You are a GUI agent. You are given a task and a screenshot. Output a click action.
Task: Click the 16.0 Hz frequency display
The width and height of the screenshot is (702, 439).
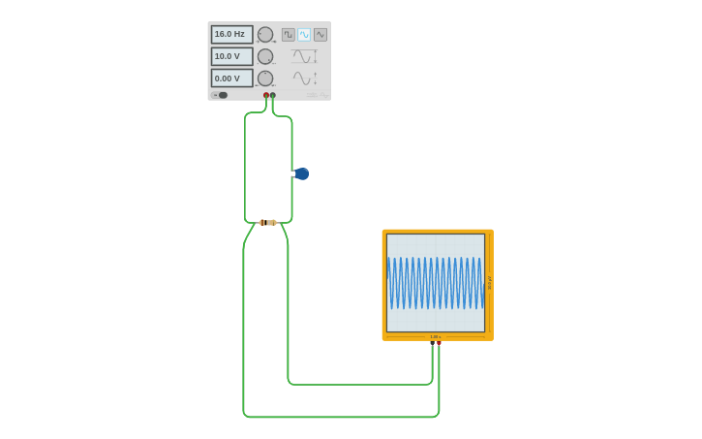click(231, 34)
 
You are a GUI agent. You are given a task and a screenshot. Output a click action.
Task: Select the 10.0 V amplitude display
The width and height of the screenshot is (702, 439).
click(231, 56)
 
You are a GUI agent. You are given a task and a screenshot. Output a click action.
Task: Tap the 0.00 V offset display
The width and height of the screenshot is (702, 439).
click(231, 78)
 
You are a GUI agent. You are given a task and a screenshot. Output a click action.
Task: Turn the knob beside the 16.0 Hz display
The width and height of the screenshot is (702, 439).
click(265, 34)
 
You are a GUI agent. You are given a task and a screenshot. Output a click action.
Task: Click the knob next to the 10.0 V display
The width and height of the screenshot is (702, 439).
click(265, 56)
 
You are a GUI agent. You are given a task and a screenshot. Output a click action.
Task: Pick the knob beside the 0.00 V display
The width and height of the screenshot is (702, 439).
click(265, 78)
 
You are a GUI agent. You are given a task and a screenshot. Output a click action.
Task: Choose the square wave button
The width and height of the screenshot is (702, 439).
click(289, 35)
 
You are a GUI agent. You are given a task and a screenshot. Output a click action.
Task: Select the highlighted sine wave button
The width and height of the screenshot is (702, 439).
click(304, 35)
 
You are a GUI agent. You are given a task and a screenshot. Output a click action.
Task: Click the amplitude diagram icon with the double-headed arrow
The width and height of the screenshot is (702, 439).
click(305, 56)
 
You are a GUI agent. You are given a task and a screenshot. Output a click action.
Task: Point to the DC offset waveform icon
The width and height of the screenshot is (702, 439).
click(305, 78)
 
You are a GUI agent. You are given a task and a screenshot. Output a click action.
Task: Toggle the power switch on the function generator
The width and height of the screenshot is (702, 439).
click(221, 95)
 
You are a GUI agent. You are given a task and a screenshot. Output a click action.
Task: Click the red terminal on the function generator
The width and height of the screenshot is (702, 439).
click(266, 95)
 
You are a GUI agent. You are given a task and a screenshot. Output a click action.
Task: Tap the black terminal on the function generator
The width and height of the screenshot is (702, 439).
click(273, 95)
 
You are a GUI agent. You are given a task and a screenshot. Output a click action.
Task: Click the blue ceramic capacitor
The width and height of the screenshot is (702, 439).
click(301, 173)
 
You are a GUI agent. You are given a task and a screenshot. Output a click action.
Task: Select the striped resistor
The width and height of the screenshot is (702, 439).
click(268, 222)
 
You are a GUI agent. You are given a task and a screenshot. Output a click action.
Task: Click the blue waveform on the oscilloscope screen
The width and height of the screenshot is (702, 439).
click(435, 283)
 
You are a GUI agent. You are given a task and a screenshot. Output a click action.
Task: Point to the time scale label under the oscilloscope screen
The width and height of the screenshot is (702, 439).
click(436, 337)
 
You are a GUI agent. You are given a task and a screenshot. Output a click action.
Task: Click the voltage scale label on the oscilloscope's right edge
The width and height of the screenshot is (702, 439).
click(489, 283)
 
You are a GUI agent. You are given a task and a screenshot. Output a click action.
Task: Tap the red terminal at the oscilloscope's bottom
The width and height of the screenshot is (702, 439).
click(439, 343)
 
